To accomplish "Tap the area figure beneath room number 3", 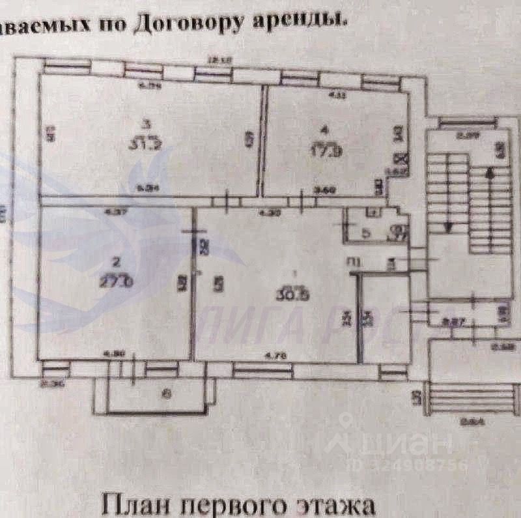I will (x=149, y=144).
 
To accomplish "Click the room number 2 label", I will (x=116, y=262).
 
